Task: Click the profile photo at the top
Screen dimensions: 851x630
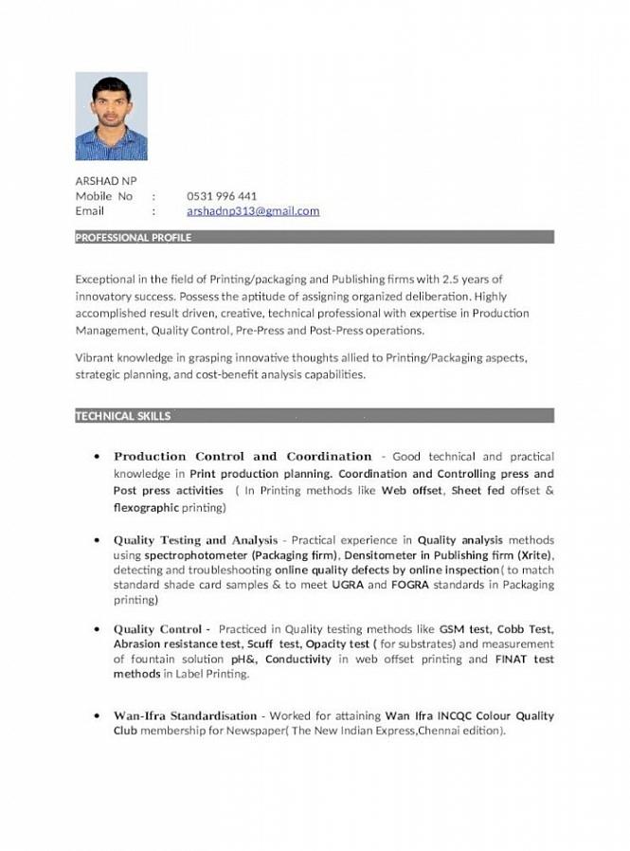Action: pyautogui.click(x=111, y=116)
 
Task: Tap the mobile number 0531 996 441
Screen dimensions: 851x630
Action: pyautogui.click(x=222, y=196)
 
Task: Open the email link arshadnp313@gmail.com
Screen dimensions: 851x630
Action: pyautogui.click(x=253, y=211)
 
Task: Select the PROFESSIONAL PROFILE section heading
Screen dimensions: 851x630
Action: pyautogui.click(x=134, y=238)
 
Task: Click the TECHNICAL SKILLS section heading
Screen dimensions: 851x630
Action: pyautogui.click(x=123, y=416)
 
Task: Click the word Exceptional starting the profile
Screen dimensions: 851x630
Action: pyautogui.click(x=104, y=280)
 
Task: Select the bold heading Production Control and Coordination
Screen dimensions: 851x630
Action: pyautogui.click(x=243, y=457)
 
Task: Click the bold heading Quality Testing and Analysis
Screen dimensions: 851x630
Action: pyautogui.click(x=196, y=540)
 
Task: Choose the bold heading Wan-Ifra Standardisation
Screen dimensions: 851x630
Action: pyautogui.click(x=186, y=715)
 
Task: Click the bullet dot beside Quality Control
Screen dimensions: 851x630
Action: pyautogui.click(x=98, y=629)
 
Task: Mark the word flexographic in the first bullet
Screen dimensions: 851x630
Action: pyautogui.click(x=146, y=508)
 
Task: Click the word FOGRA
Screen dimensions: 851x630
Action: pyautogui.click(x=410, y=586)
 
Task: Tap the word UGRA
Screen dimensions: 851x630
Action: pyautogui.click(x=348, y=586)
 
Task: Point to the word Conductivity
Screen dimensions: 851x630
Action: pyautogui.click(x=299, y=660)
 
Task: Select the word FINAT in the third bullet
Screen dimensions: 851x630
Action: pyautogui.click(x=512, y=660)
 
